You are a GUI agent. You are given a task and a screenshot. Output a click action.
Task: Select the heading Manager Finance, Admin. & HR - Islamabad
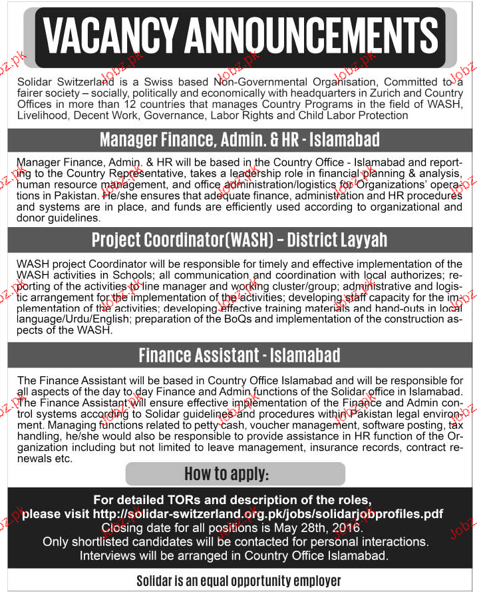click(x=239, y=140)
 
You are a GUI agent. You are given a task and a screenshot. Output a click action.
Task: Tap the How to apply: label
click(x=236, y=473)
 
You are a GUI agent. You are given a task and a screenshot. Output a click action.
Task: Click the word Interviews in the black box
click(x=107, y=555)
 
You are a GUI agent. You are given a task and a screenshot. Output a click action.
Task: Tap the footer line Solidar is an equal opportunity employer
click(x=239, y=581)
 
